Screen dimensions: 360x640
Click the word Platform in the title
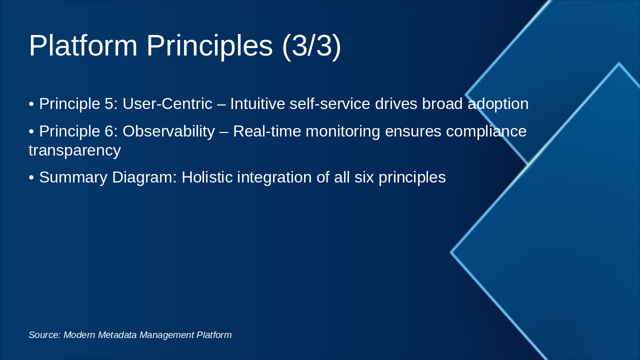(x=83, y=45)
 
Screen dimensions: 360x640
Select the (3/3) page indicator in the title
(x=311, y=45)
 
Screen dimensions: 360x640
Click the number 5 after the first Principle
(x=109, y=104)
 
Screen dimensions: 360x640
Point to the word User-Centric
(x=167, y=104)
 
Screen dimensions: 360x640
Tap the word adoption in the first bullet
(x=498, y=104)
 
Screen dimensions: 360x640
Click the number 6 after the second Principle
(x=109, y=131)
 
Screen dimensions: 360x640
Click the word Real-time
(x=267, y=131)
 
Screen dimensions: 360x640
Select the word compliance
(x=486, y=131)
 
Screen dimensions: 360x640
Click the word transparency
(x=74, y=150)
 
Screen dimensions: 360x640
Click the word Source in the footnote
(x=44, y=335)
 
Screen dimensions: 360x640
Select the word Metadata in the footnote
(x=117, y=335)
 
